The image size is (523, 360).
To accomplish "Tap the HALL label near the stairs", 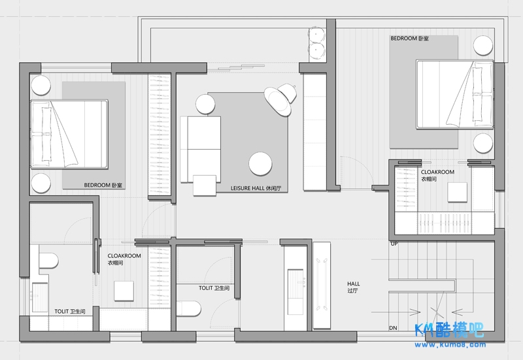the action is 354,284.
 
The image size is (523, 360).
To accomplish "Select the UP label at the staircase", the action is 394,244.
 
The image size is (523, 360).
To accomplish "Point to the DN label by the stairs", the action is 394,328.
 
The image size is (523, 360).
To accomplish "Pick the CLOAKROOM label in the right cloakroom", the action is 437,172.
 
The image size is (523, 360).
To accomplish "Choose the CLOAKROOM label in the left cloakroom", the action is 124,255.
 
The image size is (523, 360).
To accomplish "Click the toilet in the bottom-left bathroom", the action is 48,260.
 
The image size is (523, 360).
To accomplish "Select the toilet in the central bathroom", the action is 189,308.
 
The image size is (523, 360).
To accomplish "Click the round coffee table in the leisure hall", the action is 260,164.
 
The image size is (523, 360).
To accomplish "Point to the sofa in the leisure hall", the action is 201,150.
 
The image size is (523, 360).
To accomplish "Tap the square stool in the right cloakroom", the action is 457,192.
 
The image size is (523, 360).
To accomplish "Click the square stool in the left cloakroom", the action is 124,291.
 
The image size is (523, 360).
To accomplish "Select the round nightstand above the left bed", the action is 41,86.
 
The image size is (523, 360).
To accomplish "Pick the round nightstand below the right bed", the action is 483,143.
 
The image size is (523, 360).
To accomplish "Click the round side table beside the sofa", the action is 205,104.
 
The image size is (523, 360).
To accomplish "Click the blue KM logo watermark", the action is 449,330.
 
